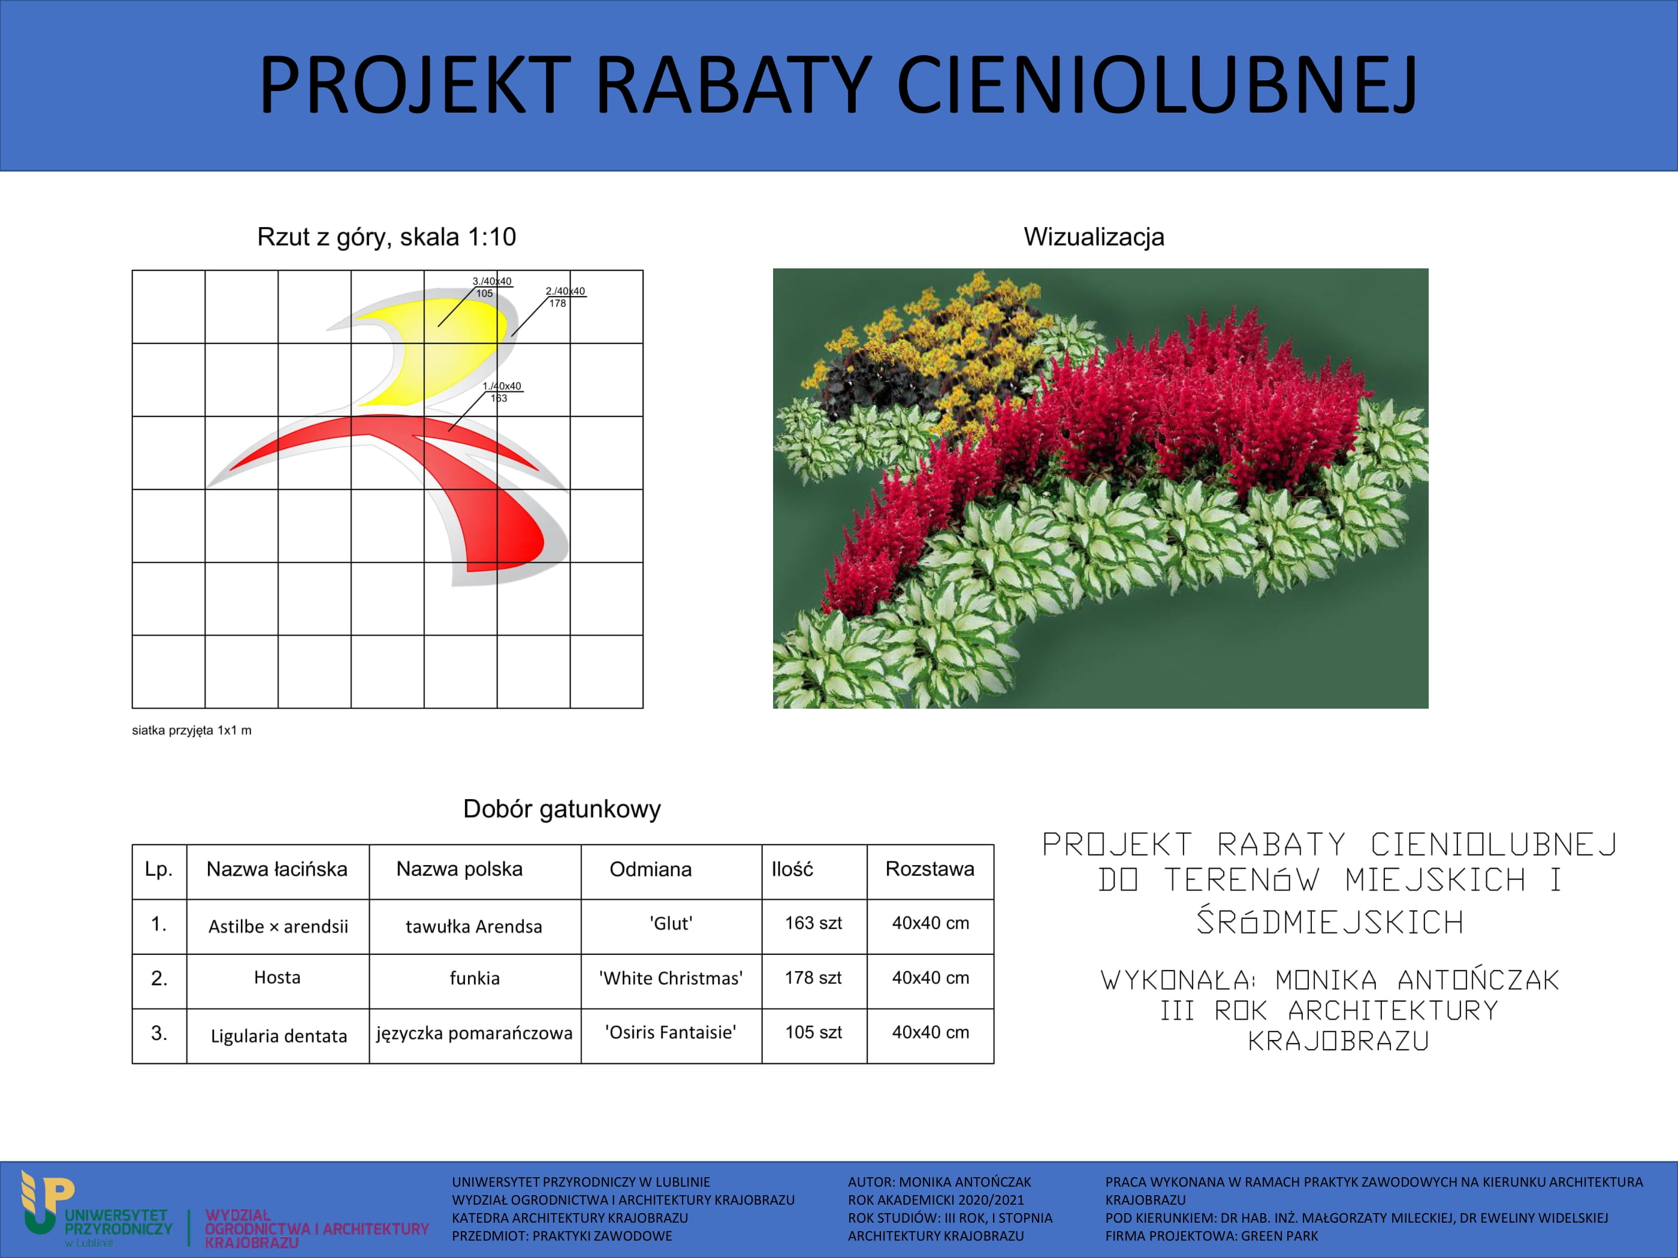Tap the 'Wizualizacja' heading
click(x=1093, y=237)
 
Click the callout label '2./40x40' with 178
click(x=565, y=297)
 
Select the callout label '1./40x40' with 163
click(x=502, y=392)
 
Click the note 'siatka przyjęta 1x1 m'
click(x=192, y=730)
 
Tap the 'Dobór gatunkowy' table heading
click(x=562, y=809)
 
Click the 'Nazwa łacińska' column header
click(x=277, y=869)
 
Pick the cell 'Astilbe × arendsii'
click(x=279, y=927)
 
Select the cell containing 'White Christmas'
click(x=671, y=978)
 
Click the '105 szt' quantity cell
click(x=813, y=1032)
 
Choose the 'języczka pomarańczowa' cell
click(x=474, y=1033)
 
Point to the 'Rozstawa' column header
click(x=929, y=869)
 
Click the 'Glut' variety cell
click(x=671, y=924)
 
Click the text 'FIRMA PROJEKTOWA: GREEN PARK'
click(x=1212, y=1236)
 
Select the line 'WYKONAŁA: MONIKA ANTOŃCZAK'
click(x=1330, y=979)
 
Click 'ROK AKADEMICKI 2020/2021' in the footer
click(x=935, y=1200)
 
